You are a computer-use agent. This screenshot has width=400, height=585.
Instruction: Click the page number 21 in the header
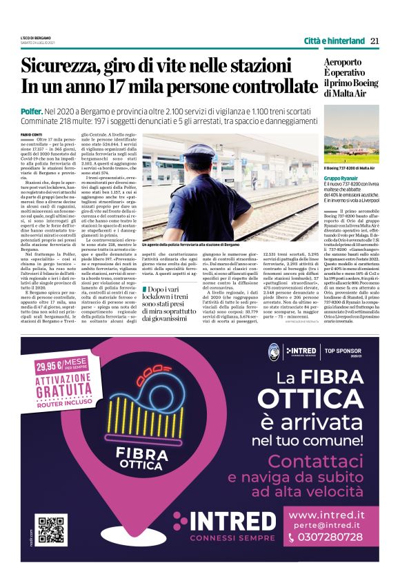point(374,41)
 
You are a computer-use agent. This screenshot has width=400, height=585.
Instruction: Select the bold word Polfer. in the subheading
point(32,110)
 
